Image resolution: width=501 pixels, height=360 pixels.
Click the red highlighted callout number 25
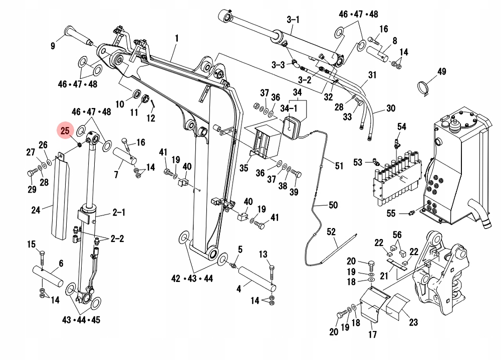65,131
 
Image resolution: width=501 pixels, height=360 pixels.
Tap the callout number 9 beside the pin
53,46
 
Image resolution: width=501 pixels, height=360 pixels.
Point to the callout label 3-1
293,20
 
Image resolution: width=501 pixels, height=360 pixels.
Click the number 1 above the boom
176,38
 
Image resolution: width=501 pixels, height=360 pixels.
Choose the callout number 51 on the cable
339,166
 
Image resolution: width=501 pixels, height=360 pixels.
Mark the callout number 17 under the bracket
372,334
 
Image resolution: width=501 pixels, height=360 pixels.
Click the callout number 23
413,322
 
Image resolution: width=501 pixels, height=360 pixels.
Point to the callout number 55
391,214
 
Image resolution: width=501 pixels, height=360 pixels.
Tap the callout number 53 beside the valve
358,162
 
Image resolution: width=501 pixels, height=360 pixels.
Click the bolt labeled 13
271,270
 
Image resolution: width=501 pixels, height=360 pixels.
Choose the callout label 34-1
289,108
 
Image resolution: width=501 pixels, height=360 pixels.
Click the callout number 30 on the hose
391,108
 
